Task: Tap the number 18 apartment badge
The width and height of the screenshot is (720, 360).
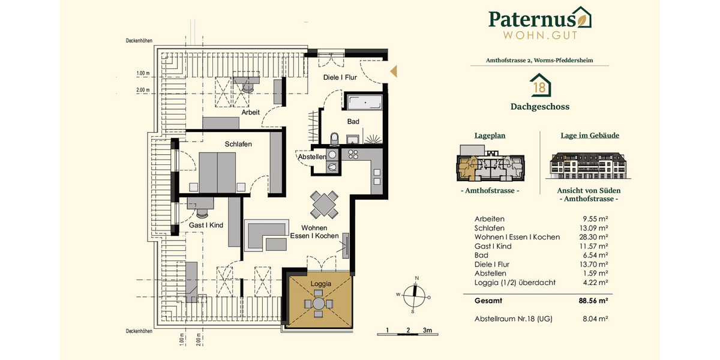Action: [539, 86]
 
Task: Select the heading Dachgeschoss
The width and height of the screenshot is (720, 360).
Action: [539, 107]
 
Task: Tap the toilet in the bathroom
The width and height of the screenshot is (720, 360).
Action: [335, 139]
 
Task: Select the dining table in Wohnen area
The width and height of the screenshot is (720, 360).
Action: [324, 205]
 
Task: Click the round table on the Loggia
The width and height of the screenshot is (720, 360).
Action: [317, 304]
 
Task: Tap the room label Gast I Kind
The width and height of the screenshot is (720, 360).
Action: [206, 225]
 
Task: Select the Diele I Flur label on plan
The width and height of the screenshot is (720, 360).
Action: [340, 77]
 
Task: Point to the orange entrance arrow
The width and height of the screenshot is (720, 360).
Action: [394, 71]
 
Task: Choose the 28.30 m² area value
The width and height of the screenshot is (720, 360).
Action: [594, 237]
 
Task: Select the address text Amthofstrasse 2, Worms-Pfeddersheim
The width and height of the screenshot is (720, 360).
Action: [539, 61]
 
